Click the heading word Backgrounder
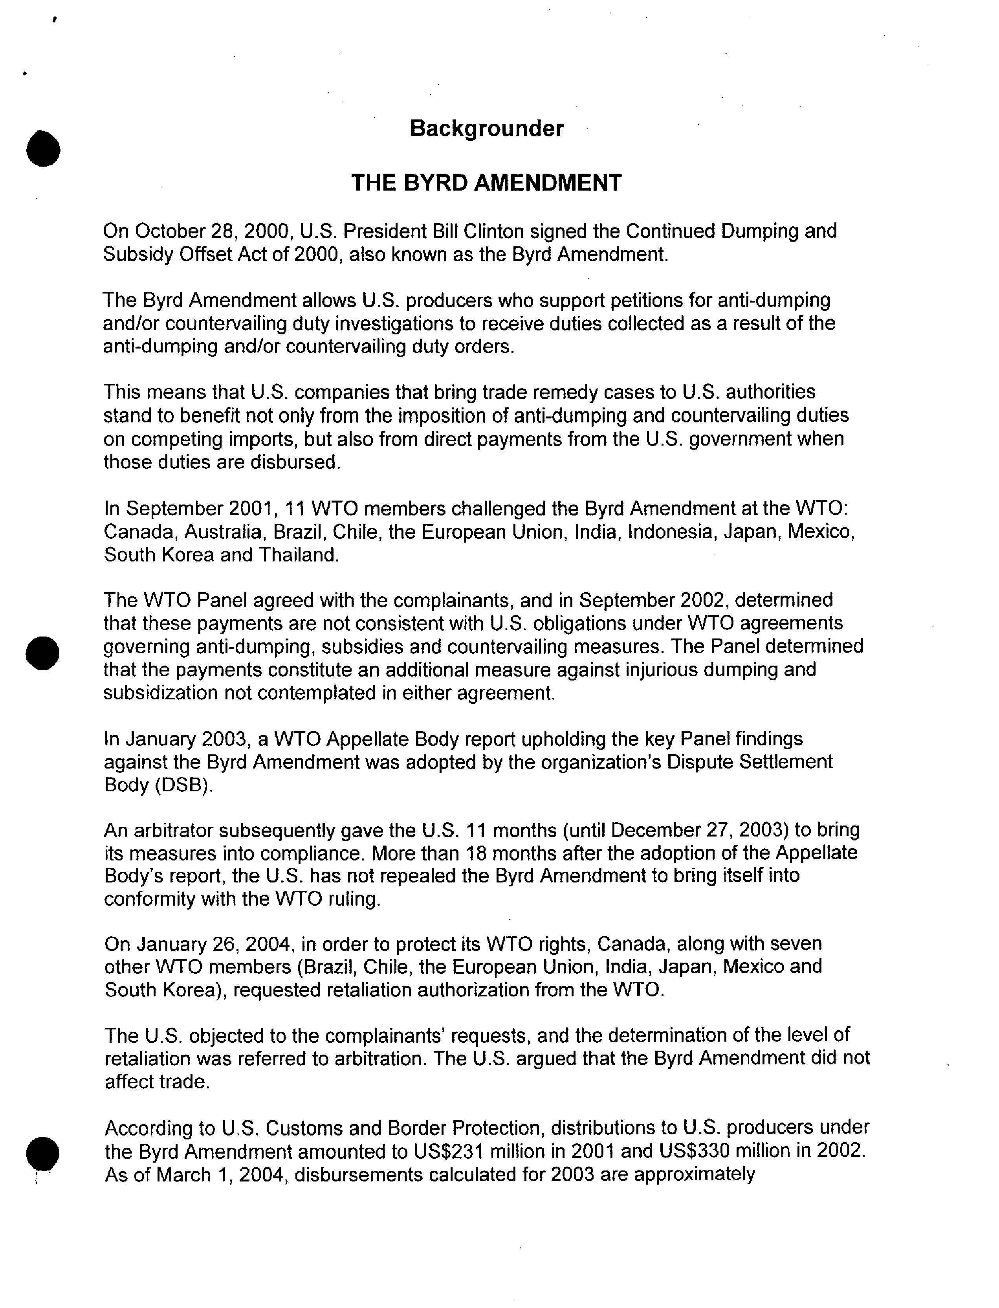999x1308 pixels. [x=486, y=128]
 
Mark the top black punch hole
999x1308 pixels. [x=43, y=148]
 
